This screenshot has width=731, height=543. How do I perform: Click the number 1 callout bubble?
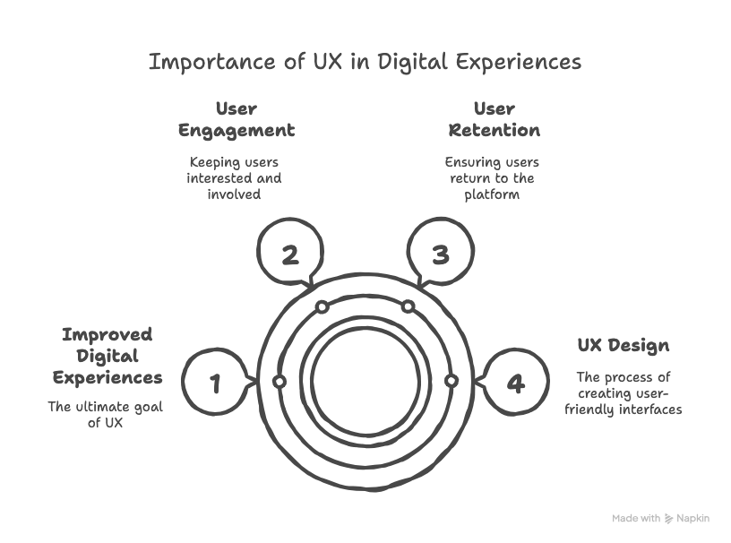(x=215, y=383)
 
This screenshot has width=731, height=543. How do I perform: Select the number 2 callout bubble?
(x=289, y=255)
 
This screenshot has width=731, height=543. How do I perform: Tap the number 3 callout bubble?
(x=440, y=255)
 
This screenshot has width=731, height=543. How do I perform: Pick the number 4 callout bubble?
(x=515, y=383)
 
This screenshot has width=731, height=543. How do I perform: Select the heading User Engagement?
(x=236, y=120)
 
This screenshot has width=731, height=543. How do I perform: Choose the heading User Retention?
(x=494, y=120)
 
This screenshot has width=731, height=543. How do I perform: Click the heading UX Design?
(x=623, y=346)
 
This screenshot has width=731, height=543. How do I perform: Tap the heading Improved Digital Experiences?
(x=107, y=356)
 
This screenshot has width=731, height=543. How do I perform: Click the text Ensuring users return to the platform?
(x=492, y=177)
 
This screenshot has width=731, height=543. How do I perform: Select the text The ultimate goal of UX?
(x=106, y=415)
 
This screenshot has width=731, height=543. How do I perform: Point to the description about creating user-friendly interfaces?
(x=623, y=393)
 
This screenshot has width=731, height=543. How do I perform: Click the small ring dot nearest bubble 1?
(x=279, y=382)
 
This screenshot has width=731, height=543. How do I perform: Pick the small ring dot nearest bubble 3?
(x=408, y=307)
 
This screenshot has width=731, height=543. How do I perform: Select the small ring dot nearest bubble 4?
(x=451, y=382)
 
